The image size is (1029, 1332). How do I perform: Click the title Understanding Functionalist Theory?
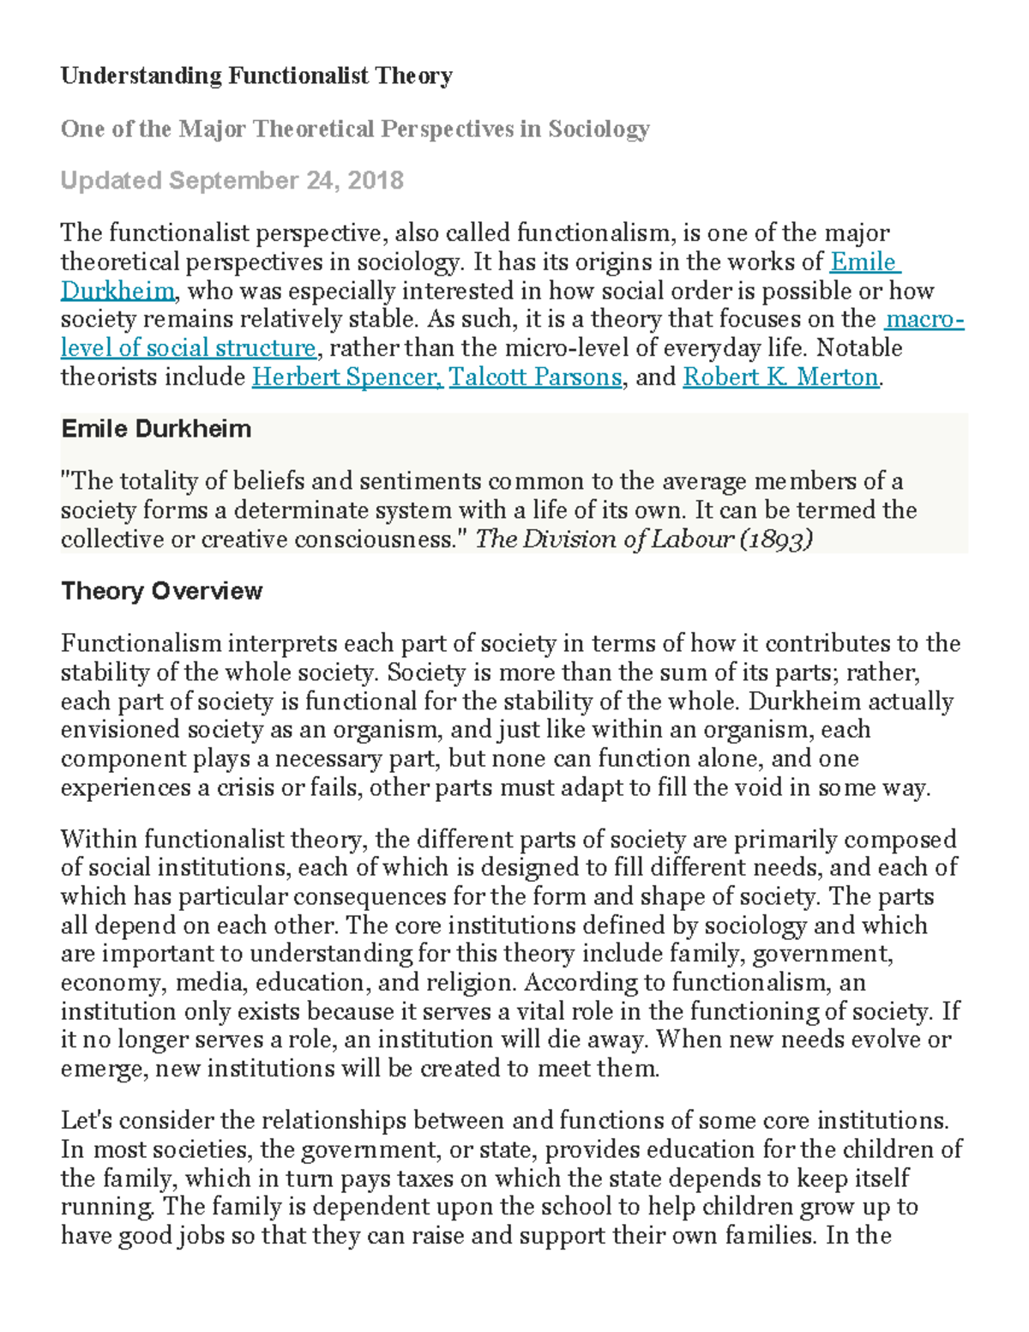point(256,76)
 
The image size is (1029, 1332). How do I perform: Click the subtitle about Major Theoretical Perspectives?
point(355,129)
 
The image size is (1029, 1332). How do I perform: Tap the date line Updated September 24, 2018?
point(232,180)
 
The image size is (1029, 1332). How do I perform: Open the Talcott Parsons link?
point(535,377)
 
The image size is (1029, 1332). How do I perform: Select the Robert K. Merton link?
point(780,377)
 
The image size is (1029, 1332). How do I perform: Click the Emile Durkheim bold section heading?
point(156,429)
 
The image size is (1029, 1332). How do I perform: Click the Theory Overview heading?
point(161,591)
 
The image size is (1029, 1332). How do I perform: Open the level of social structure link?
point(188,348)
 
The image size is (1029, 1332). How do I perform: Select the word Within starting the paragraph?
point(99,839)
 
